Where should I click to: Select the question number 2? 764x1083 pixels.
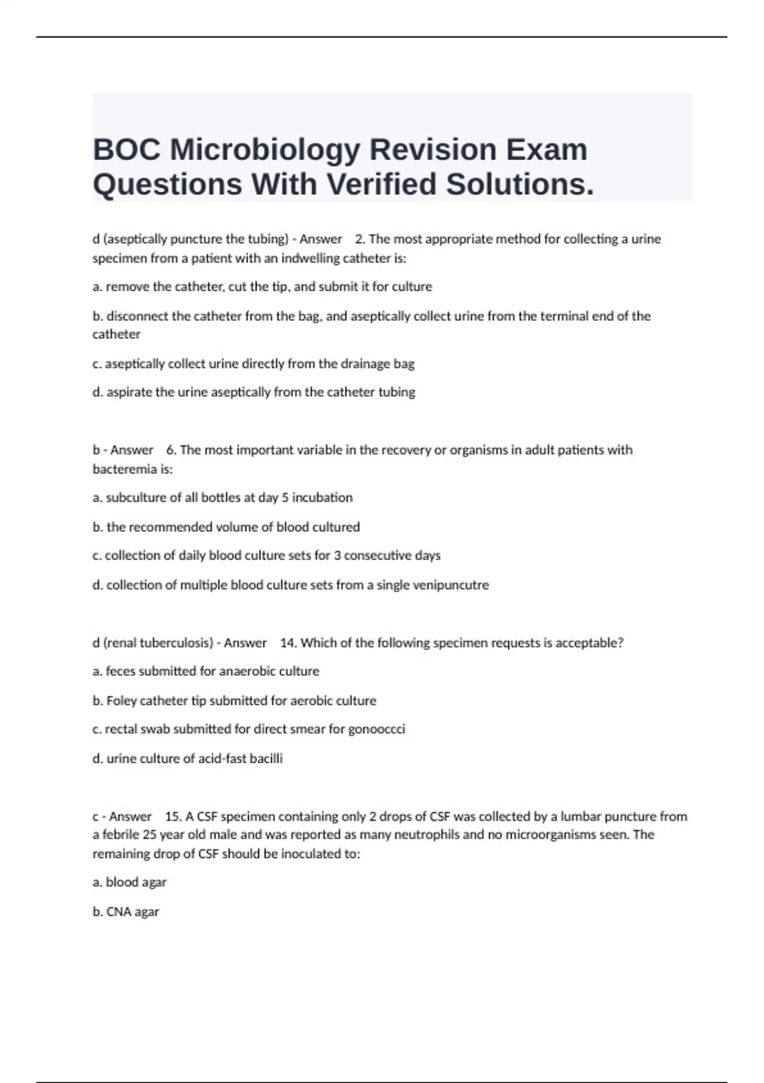(360, 240)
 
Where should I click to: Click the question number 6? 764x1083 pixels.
(171, 450)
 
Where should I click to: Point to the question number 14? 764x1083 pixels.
(288, 643)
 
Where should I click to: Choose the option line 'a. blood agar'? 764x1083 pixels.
(130, 882)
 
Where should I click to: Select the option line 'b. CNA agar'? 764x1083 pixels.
(126, 912)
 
